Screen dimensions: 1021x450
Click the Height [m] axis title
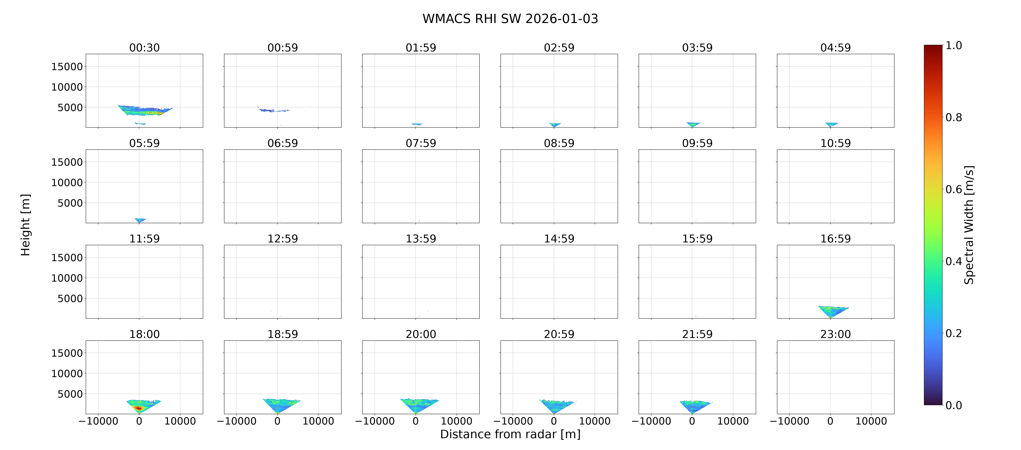(25, 225)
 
